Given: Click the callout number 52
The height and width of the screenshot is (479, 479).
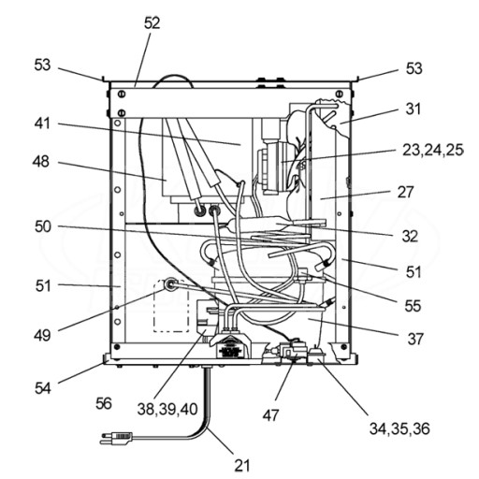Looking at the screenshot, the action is click(x=152, y=23).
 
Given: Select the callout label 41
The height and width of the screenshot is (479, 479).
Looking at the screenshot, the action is click(x=42, y=123).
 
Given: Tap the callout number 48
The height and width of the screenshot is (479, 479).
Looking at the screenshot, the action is click(x=41, y=162).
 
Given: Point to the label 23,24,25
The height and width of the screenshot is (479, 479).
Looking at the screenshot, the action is click(x=433, y=150).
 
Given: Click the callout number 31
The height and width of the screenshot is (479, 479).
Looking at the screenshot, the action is click(x=414, y=109).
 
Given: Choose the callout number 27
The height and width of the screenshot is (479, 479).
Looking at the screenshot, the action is click(x=405, y=192).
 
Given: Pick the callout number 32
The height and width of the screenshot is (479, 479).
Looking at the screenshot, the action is click(x=410, y=237).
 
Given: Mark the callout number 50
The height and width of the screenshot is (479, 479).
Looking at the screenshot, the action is click(x=43, y=226).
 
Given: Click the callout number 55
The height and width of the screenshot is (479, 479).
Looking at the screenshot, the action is click(x=413, y=306).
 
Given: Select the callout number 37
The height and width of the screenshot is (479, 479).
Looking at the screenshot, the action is click(x=415, y=339).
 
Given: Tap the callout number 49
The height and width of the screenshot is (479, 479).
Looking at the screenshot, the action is click(x=42, y=336).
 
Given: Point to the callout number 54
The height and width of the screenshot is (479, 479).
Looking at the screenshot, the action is click(x=42, y=388).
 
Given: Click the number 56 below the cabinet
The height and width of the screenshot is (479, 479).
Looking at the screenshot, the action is click(x=104, y=403).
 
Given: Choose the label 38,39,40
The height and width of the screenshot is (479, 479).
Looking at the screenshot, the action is click(x=167, y=409).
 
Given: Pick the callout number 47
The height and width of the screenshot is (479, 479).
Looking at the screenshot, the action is click(x=270, y=415).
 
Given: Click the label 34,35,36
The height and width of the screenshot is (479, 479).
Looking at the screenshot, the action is click(x=399, y=428).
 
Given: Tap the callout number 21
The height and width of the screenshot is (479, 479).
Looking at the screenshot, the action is click(x=242, y=466).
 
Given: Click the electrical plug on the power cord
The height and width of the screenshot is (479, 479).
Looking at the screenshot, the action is click(x=116, y=438).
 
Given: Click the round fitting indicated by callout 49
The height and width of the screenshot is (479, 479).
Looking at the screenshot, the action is click(x=170, y=284).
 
